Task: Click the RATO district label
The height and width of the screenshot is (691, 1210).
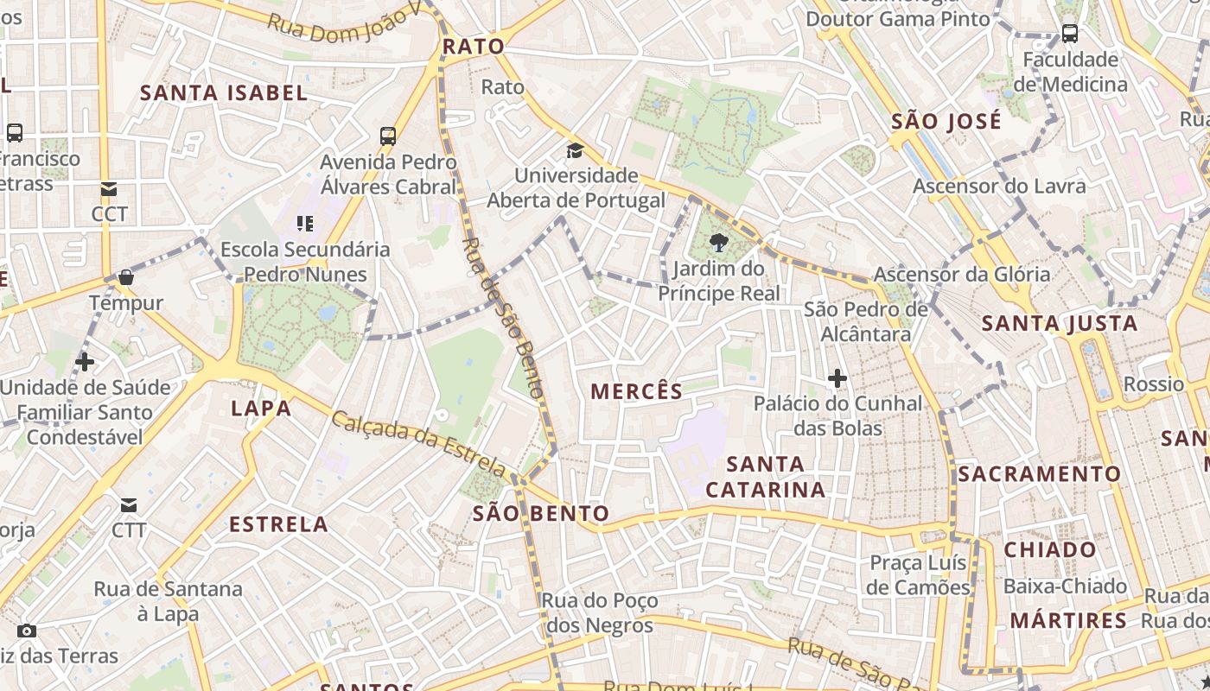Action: pyautogui.click(x=473, y=47)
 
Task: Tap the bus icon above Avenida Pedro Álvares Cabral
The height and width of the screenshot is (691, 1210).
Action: pyautogui.click(x=388, y=136)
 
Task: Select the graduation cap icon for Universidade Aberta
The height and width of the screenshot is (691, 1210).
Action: pyautogui.click(x=575, y=150)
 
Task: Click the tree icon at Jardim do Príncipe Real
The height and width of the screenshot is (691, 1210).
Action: pyautogui.click(x=717, y=243)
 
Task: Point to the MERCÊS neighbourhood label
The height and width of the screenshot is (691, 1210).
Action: pyautogui.click(x=636, y=391)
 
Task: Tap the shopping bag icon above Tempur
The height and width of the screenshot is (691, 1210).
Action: pyautogui.click(x=126, y=277)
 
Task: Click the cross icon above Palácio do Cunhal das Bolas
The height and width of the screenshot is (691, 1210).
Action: pyautogui.click(x=837, y=378)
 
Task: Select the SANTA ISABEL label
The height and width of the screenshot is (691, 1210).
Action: pyautogui.click(x=224, y=93)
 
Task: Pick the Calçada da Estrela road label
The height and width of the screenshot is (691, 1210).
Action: pyautogui.click(x=419, y=444)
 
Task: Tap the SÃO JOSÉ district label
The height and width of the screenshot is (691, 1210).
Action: pyautogui.click(x=946, y=121)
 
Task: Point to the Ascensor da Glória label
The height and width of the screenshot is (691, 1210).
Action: pyautogui.click(x=962, y=275)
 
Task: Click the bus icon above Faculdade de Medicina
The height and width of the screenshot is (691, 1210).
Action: pyautogui.click(x=1069, y=34)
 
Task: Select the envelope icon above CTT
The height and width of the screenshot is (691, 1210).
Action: pyautogui.click(x=129, y=504)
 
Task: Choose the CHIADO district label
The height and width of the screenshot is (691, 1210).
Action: pyautogui.click(x=1049, y=549)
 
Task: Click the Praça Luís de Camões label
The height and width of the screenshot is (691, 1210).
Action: pyautogui.click(x=920, y=575)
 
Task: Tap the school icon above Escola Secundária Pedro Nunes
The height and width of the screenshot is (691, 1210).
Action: pyautogui.click(x=304, y=224)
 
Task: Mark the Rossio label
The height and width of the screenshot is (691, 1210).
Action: pyautogui.click(x=1153, y=384)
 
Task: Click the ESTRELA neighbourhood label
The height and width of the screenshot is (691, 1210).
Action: pyautogui.click(x=278, y=524)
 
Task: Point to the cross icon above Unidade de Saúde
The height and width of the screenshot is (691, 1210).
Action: pyautogui.click(x=85, y=361)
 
